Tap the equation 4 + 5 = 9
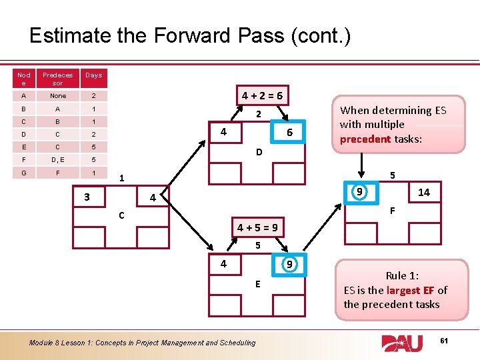point(257,228)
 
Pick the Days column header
point(93,75)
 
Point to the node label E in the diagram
point(257,285)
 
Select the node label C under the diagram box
point(121,216)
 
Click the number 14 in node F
point(423,193)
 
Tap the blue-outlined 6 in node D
point(290,133)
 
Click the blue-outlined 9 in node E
point(289,263)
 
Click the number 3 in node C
point(87,197)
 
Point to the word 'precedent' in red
point(365,139)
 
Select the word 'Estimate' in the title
point(69,35)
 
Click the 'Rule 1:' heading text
point(402,276)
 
